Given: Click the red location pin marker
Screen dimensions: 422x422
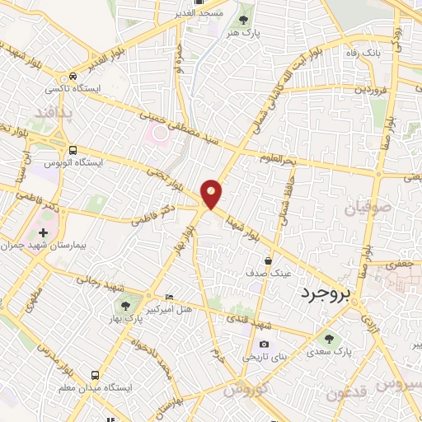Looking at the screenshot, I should click(x=212, y=193).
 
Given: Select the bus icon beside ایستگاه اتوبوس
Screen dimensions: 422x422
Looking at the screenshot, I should click(x=73, y=151).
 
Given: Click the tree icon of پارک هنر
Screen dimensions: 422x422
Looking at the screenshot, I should click(x=243, y=19).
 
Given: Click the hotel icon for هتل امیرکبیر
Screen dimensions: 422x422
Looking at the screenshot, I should click(x=170, y=297).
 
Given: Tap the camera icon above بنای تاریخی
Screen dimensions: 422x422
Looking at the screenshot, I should click(x=264, y=345).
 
